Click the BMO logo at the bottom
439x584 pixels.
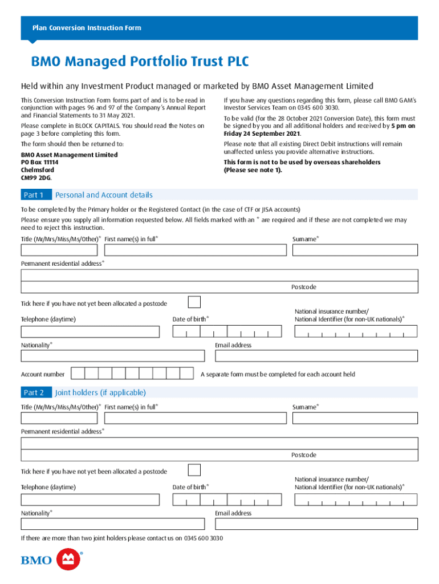point(52,559)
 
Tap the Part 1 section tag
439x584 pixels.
point(34,195)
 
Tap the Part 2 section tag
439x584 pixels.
point(34,392)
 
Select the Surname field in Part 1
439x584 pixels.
point(355,250)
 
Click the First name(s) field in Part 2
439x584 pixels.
point(196,418)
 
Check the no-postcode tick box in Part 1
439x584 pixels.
point(194,302)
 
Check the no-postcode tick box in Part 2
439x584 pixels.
point(194,470)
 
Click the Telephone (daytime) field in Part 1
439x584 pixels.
point(90,332)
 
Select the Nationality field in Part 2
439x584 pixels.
point(112,524)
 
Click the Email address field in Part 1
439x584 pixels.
point(316,356)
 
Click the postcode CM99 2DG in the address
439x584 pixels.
point(36,177)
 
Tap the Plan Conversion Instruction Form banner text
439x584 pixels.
point(87,28)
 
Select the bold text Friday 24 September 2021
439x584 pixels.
point(262,133)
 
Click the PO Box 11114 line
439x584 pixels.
point(39,163)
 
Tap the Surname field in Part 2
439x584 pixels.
point(355,418)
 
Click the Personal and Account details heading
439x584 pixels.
point(104,195)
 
